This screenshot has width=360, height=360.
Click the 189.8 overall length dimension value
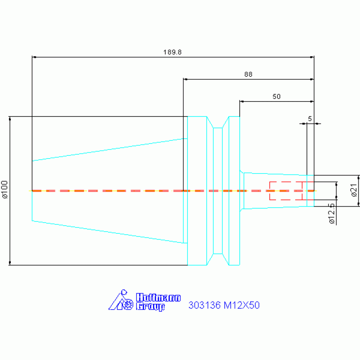click(172, 52)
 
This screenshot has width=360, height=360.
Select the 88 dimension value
click(248, 74)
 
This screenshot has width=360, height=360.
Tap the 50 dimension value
click(276, 96)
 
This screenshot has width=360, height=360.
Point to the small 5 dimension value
click(310, 119)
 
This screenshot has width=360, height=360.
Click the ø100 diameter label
click(5, 190)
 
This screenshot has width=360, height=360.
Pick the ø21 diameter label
click(354, 190)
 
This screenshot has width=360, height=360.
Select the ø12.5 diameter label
click(331, 214)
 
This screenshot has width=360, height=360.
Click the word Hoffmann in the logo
click(158, 298)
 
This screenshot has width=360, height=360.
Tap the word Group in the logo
click(150, 306)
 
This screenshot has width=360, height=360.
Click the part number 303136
click(205, 305)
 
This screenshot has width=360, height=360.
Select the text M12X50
click(242, 305)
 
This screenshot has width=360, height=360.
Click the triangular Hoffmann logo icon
click(121, 300)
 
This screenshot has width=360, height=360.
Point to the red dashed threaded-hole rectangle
click(291, 191)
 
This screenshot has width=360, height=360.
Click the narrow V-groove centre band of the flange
click(218, 191)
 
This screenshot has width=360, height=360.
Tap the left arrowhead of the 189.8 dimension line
click(34, 57)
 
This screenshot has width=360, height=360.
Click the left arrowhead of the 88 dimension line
click(185, 79)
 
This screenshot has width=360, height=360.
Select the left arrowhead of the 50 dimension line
click(242, 101)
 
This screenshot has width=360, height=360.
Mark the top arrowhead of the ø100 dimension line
click(10, 118)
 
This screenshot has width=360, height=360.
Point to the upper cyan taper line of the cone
click(110, 150)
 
